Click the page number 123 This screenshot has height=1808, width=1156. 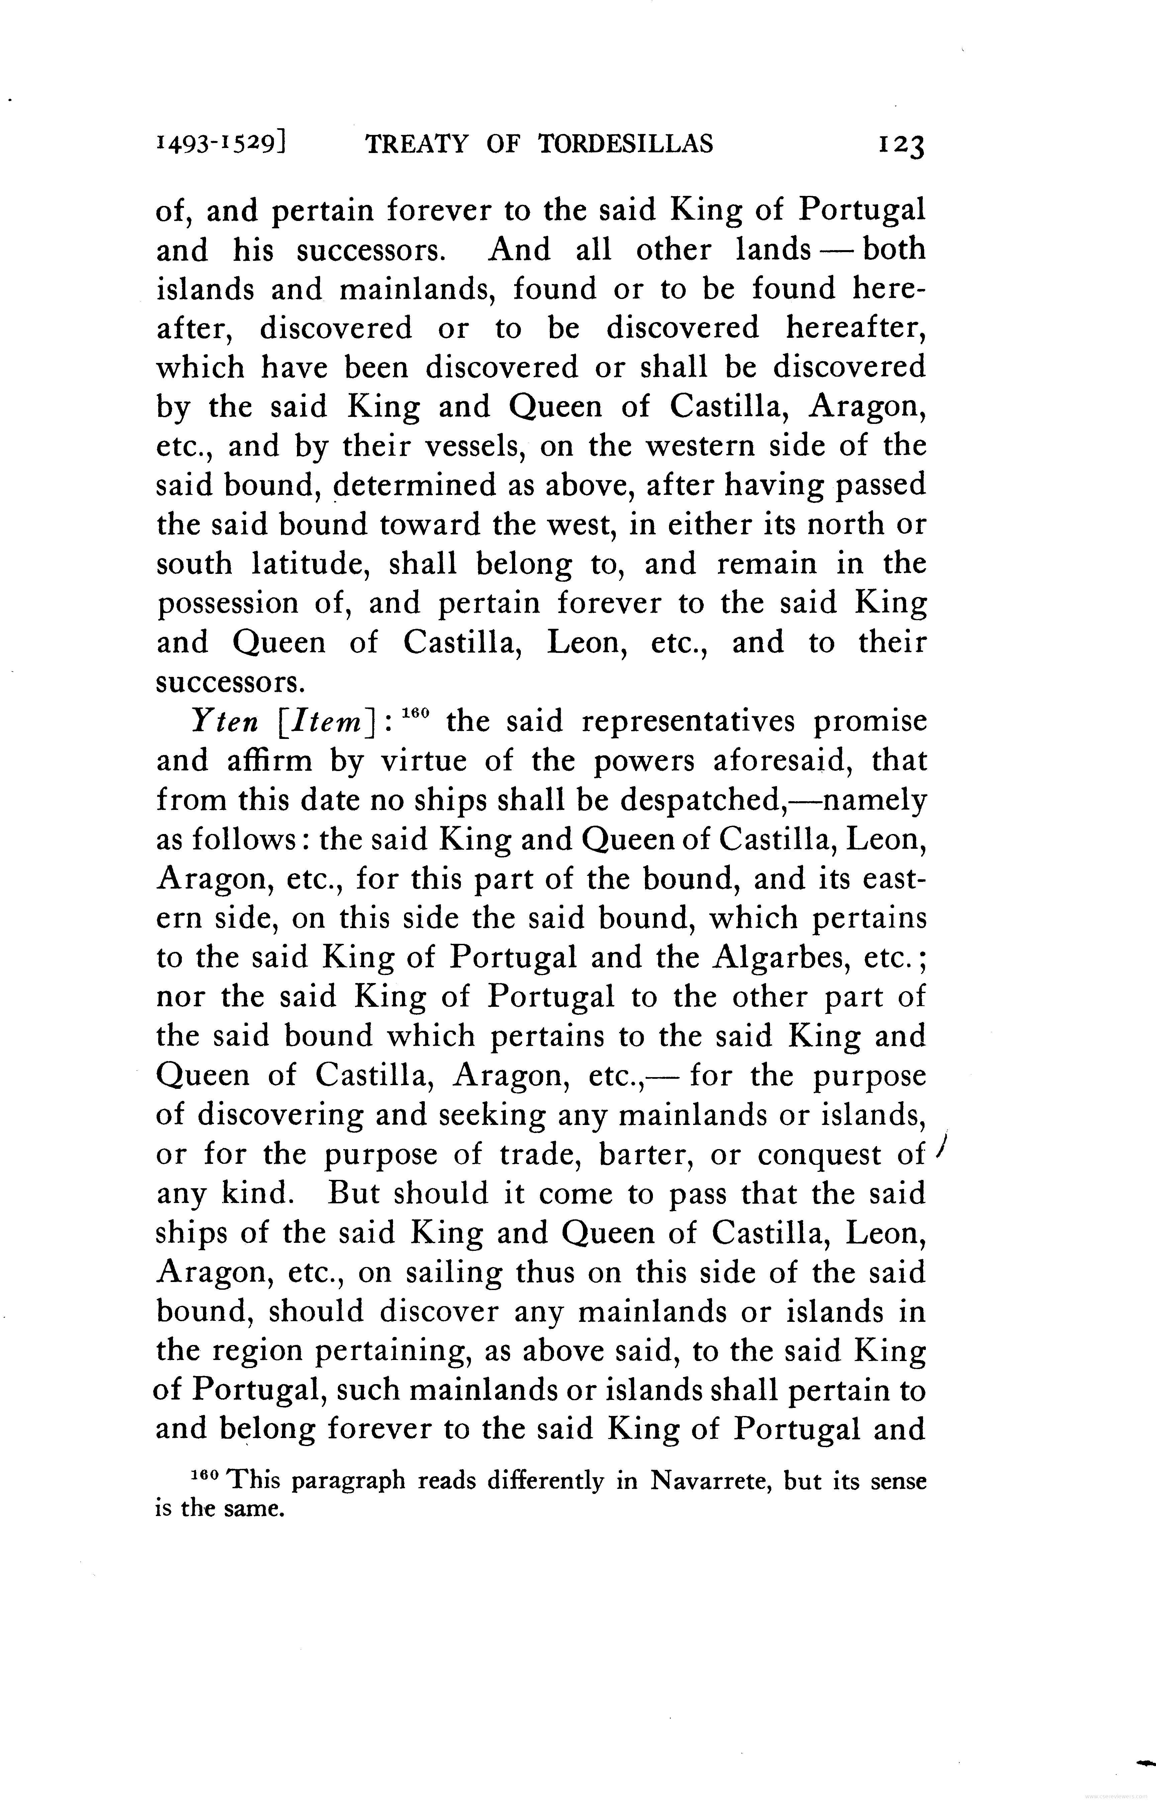pyautogui.click(x=901, y=144)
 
